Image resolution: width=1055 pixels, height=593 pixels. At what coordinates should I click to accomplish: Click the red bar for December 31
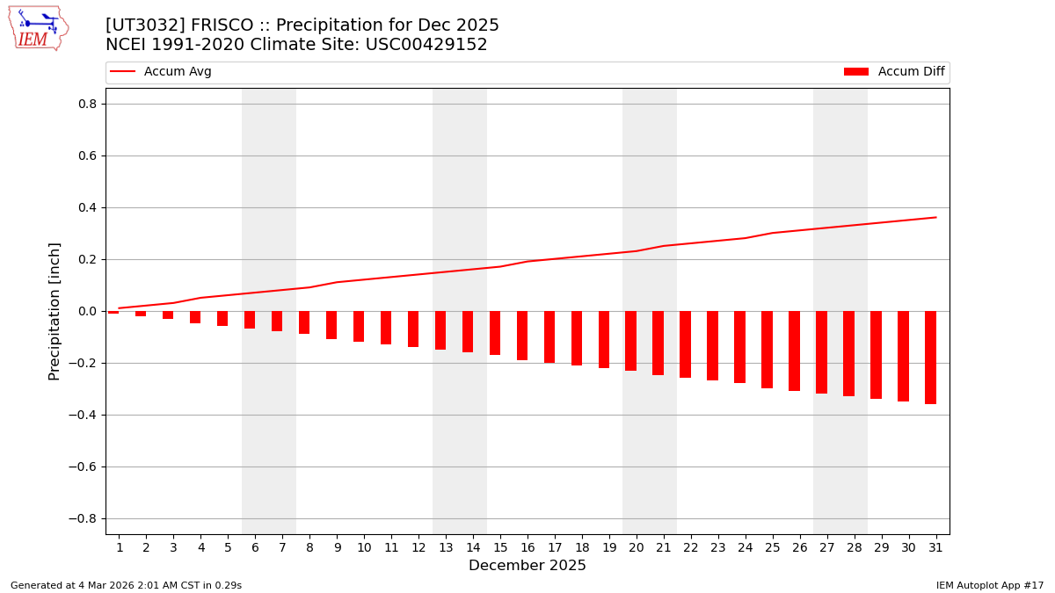pyautogui.click(x=930, y=357)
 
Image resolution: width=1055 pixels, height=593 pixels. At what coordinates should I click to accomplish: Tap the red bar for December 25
pyautogui.click(x=767, y=350)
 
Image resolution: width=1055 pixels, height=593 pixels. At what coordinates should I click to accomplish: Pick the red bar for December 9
pyautogui.click(x=331, y=325)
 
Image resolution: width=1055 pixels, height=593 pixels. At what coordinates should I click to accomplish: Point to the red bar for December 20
pyautogui.click(x=630, y=341)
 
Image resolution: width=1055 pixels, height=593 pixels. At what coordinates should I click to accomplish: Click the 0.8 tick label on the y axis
pyautogui.click(x=86, y=104)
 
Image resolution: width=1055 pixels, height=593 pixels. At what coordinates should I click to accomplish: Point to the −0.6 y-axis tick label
pyautogui.click(x=83, y=466)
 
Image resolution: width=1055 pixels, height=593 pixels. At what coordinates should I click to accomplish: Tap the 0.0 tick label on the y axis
pyautogui.click(x=86, y=311)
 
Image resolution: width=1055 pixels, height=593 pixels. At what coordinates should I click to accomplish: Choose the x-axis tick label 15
pyautogui.click(x=499, y=547)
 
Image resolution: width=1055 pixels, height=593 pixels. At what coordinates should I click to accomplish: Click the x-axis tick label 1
pyautogui.click(x=119, y=547)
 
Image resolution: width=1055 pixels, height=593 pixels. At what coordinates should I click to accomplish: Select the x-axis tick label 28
pyautogui.click(x=854, y=547)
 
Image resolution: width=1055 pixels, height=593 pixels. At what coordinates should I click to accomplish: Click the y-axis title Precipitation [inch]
pyautogui.click(x=55, y=311)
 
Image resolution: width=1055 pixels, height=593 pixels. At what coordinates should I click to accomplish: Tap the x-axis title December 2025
pyautogui.click(x=527, y=566)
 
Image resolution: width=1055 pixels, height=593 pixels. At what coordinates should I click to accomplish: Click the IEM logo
pyautogui.click(x=37, y=28)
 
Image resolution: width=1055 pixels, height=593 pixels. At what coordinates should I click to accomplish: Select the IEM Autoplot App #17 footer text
pyautogui.click(x=990, y=585)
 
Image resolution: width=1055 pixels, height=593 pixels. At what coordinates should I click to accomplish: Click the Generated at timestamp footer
pyautogui.click(x=126, y=585)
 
